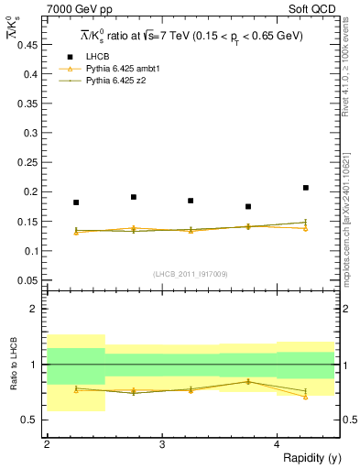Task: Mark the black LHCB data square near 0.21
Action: click(306, 188)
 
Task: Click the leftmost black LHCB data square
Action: click(76, 202)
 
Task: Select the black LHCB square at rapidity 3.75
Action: click(248, 207)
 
